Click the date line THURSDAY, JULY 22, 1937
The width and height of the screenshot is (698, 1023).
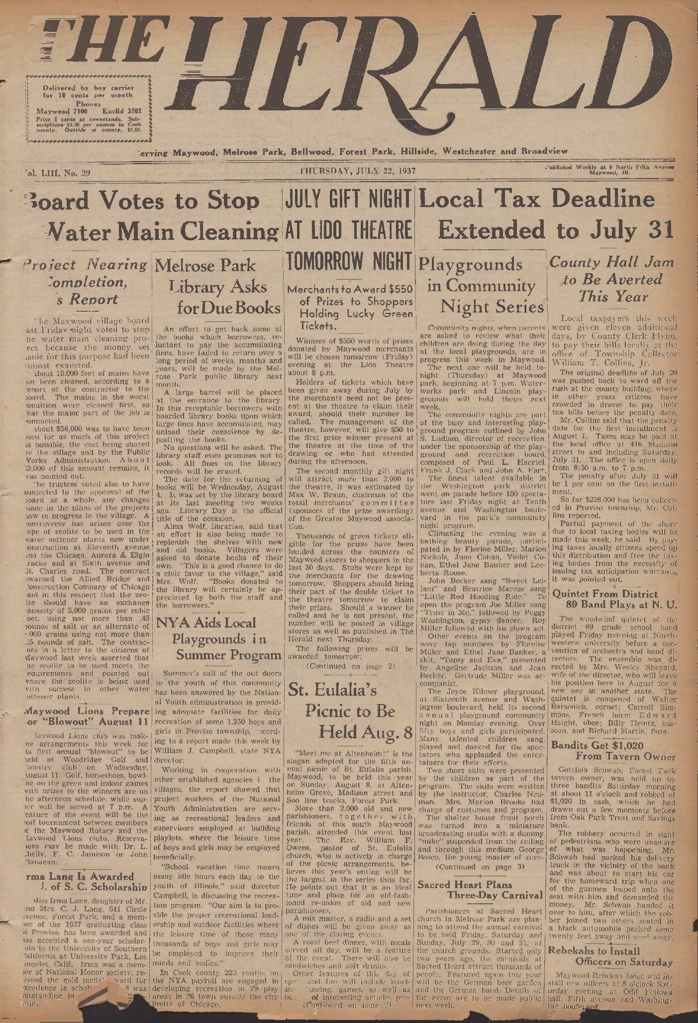pos(358,171)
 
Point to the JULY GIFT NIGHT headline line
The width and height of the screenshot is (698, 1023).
pos(348,200)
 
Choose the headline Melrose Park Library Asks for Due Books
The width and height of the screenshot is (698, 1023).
pos(217,286)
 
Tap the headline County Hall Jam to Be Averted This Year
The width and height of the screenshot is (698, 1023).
pos(612,280)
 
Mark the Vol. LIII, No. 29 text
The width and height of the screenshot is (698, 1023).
pos(56,173)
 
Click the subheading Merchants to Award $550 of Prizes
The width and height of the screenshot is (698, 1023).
pos(350,307)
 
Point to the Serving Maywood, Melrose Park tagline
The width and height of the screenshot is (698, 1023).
pos(352,151)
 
